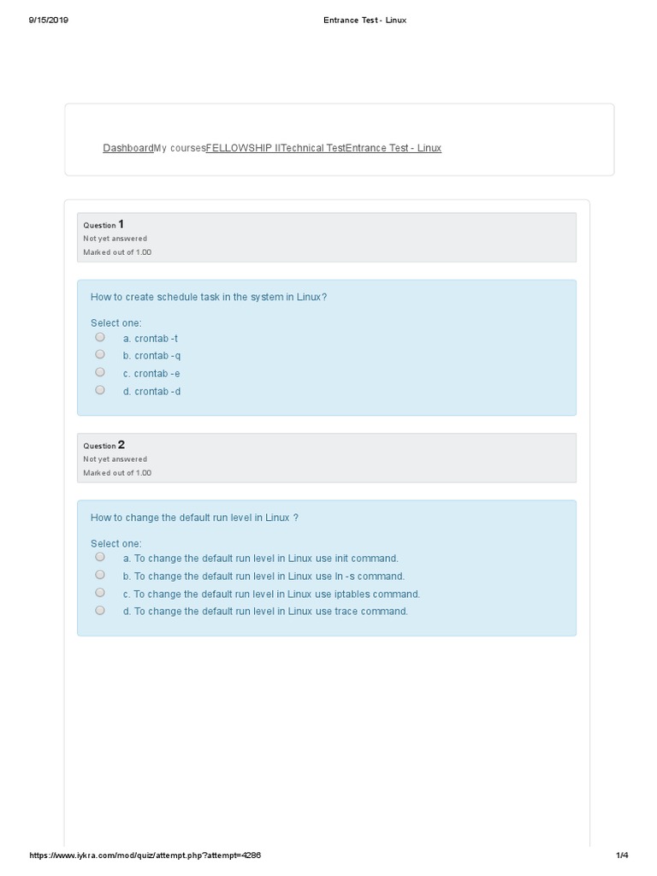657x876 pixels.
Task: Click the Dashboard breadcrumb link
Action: point(127,148)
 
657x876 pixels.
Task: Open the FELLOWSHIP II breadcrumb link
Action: point(243,148)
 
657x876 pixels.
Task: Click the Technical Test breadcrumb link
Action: point(313,148)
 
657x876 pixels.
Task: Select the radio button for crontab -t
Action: point(100,337)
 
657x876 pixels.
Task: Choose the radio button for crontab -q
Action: point(100,354)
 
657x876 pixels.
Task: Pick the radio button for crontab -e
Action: point(100,372)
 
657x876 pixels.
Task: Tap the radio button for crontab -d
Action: point(100,390)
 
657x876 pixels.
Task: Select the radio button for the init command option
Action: point(100,557)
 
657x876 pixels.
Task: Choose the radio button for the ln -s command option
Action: point(100,575)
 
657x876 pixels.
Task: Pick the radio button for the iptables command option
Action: point(100,593)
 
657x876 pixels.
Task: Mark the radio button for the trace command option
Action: point(100,611)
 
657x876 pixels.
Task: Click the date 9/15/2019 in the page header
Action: point(48,20)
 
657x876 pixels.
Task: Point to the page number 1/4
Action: point(622,855)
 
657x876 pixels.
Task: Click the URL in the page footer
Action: point(145,855)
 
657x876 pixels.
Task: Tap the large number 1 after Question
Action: point(121,224)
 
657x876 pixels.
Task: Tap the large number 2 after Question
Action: point(121,445)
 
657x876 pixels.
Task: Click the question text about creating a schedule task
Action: point(209,297)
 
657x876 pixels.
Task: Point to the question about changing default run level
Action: point(194,518)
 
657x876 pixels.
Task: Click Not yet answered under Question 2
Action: point(115,459)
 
